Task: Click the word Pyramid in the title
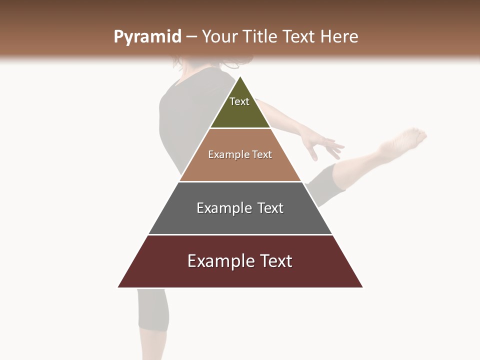147,37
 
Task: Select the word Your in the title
219,36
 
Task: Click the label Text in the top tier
239,101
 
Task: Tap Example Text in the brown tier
240,154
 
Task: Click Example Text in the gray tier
240,208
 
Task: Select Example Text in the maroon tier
240,261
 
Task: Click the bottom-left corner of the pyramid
118,287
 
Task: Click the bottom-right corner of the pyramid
362,287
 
